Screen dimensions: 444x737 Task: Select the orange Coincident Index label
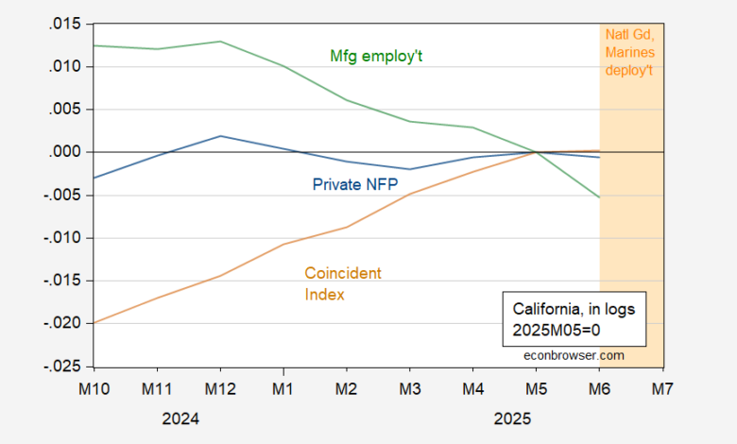(343, 283)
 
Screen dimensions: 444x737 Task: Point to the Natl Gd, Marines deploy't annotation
(630, 53)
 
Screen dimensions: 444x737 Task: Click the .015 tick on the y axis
(68, 24)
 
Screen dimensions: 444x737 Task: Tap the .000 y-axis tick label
(68, 152)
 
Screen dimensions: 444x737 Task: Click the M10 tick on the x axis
(94, 387)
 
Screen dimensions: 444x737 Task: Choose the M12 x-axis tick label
(220, 387)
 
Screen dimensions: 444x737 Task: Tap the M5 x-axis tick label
(538, 387)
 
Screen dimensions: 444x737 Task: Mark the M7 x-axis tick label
(664, 387)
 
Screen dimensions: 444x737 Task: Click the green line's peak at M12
(220, 42)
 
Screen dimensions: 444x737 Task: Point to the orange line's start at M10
(94, 323)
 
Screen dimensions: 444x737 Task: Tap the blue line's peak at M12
(220, 136)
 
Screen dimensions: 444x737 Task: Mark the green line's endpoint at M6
(600, 197)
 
